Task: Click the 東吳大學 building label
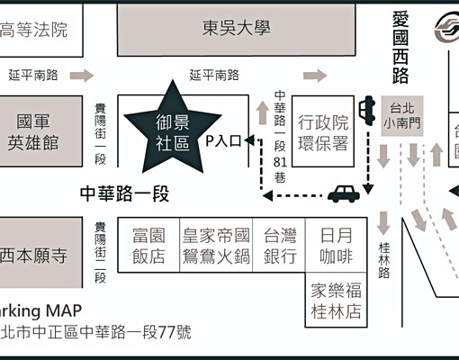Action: click(x=236, y=28)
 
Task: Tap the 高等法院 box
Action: click(x=35, y=30)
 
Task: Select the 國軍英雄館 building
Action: click(x=32, y=131)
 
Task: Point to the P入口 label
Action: click(x=224, y=141)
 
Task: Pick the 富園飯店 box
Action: click(x=148, y=247)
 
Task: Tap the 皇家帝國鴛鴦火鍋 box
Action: click(x=216, y=247)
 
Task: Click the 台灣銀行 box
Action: click(x=280, y=247)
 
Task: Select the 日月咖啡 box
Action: click(x=336, y=247)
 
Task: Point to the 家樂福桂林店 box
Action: click(x=336, y=301)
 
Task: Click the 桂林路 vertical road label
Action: click(x=384, y=258)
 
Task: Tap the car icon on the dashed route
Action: click(x=342, y=193)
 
